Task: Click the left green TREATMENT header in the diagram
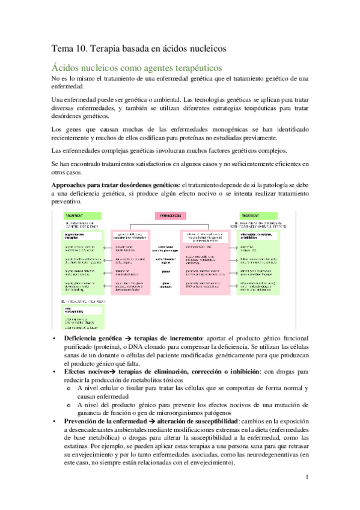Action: [x=65, y=215]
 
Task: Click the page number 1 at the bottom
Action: [x=307, y=478]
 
